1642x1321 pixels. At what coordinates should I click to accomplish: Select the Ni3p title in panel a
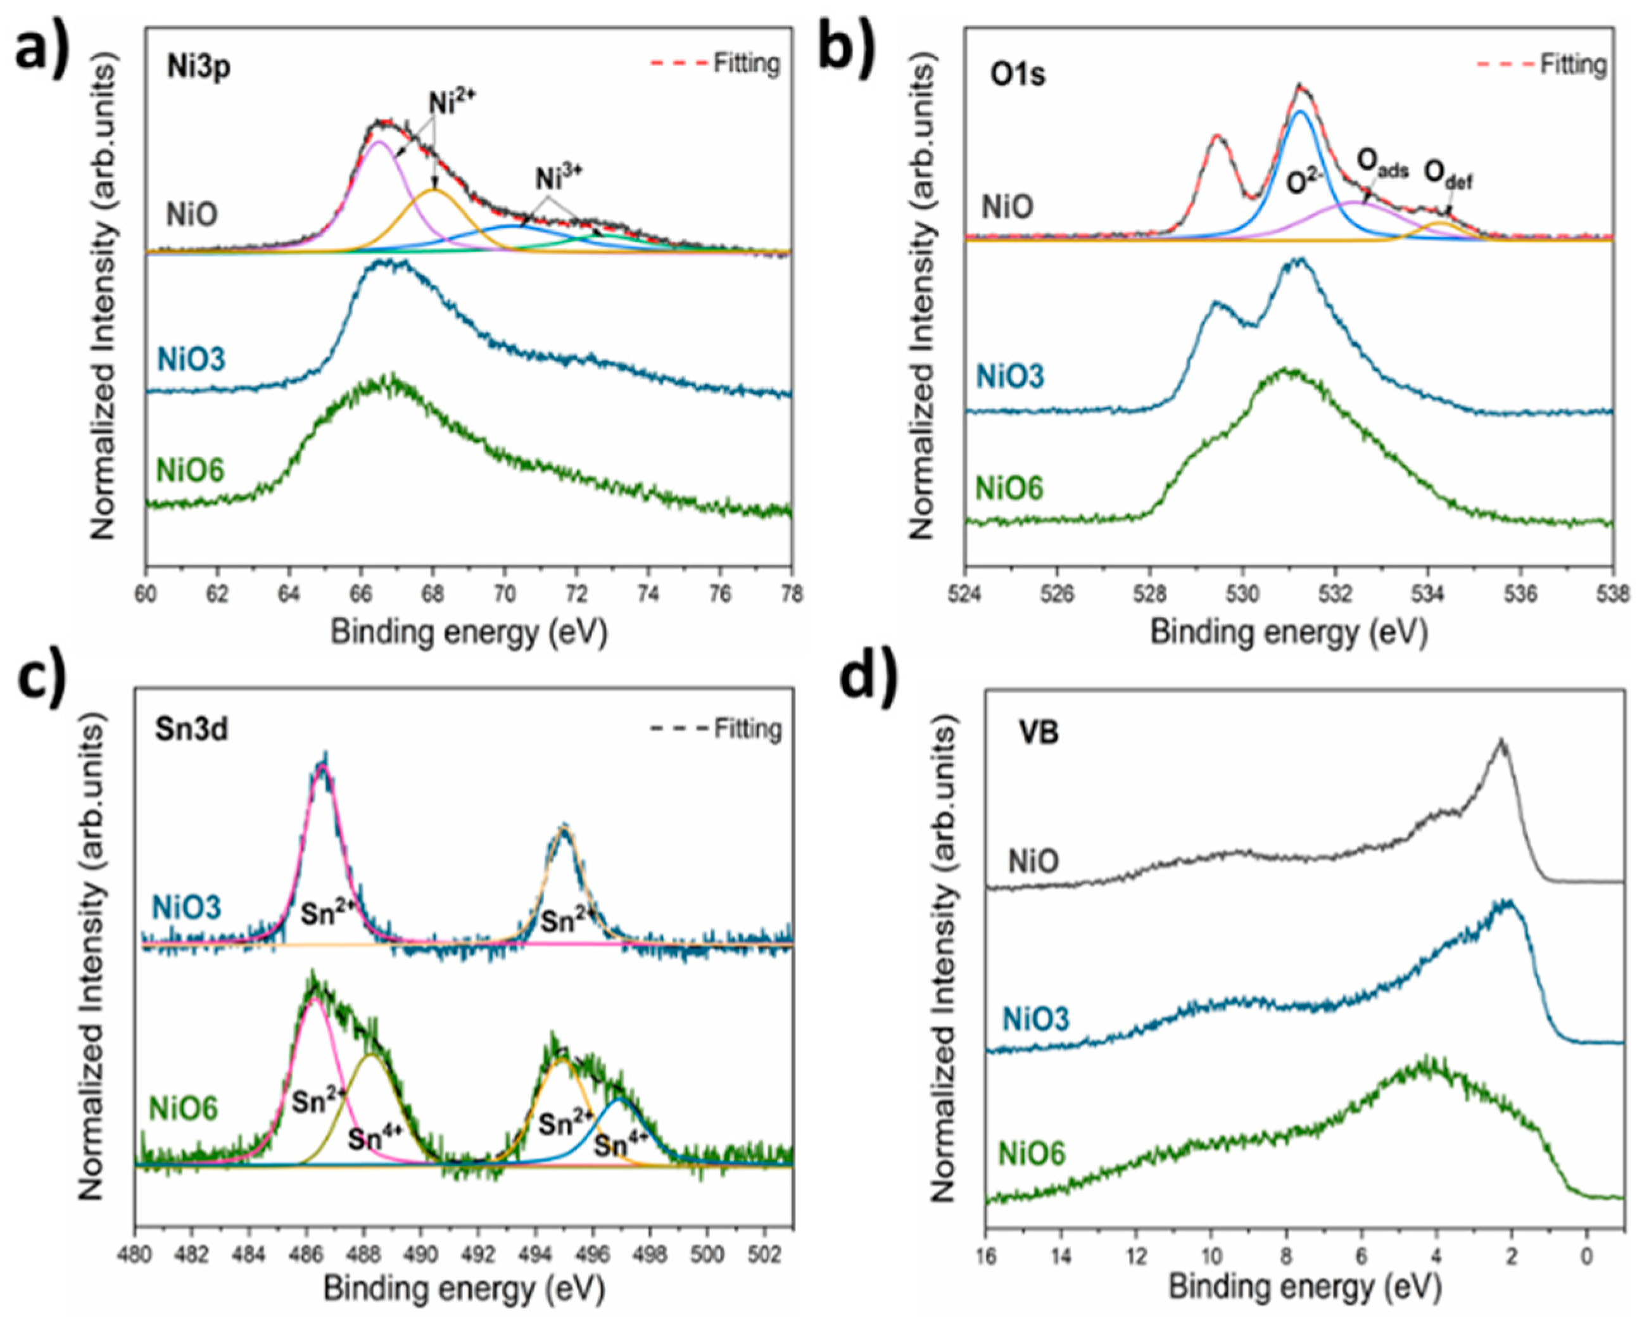199,68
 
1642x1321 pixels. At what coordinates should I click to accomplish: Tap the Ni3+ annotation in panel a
559,177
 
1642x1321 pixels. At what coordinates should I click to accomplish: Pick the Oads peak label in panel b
1383,163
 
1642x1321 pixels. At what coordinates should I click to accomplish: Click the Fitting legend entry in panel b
1574,65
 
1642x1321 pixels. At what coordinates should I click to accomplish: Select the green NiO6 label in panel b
1010,488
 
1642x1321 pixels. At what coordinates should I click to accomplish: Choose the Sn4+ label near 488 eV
375,1140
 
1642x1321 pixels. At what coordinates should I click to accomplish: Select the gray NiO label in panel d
1033,862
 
